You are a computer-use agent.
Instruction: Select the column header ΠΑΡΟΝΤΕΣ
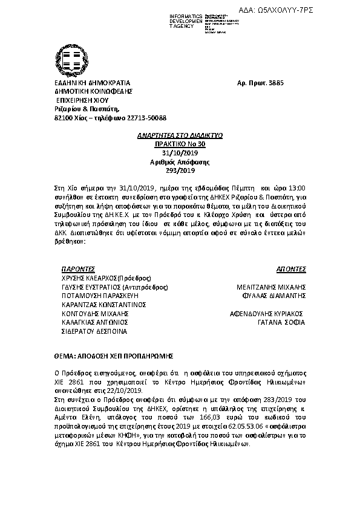pyautogui.click(x=79, y=268)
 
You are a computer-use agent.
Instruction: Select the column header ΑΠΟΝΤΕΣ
pyautogui.click(x=291, y=268)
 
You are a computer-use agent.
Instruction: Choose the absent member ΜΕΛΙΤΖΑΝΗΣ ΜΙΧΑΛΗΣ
pyautogui.click(x=270, y=287)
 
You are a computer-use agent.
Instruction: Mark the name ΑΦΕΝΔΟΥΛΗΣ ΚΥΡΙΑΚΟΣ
pyautogui.click(x=264, y=314)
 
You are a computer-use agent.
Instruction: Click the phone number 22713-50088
pyautogui.click(x=146, y=118)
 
